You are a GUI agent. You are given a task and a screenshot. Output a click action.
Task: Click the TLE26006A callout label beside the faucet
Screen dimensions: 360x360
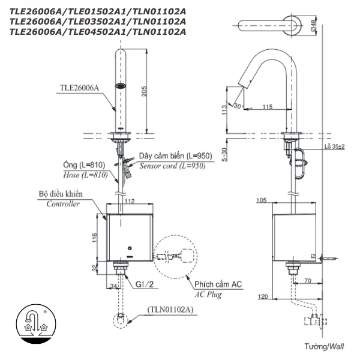(x=79, y=87)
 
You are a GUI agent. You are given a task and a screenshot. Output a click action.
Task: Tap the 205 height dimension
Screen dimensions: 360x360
(x=152, y=89)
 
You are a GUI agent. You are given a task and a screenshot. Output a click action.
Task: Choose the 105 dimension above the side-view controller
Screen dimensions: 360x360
(x=261, y=201)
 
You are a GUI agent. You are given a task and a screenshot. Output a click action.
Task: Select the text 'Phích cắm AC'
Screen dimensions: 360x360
(x=217, y=283)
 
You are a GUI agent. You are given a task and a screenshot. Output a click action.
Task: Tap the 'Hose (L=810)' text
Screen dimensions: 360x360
(x=85, y=175)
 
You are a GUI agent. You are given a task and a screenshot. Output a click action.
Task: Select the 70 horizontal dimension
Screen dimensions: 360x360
(x=307, y=280)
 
